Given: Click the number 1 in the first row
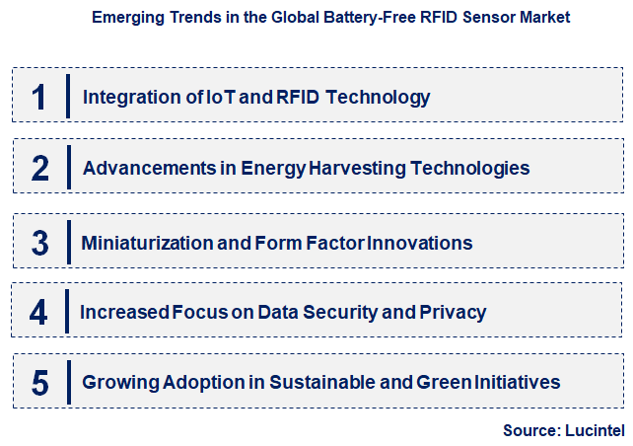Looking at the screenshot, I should pos(39,97).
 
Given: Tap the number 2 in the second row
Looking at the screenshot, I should pos(39,169).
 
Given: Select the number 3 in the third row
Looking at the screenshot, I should pos(39,242).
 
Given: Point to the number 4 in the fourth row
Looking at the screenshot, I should pos(38,313).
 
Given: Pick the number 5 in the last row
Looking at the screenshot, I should pos(39,384).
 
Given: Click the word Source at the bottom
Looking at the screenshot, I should pos(529,430).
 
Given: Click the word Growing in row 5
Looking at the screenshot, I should pos(115,382).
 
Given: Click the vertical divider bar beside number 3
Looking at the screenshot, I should pos(69,242).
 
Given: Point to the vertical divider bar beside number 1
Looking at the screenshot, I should pos(69,97).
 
